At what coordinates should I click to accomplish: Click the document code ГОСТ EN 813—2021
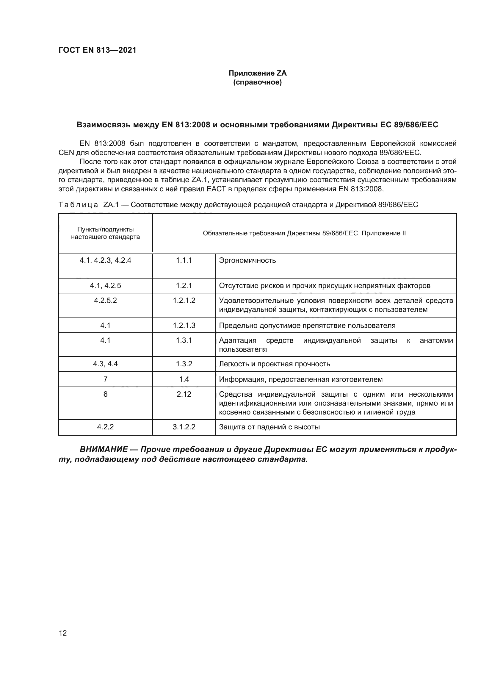(x=97, y=50)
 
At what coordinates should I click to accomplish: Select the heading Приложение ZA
(x=257, y=73)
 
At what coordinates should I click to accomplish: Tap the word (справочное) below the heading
(x=257, y=82)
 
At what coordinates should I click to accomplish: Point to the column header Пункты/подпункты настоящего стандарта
(x=105, y=233)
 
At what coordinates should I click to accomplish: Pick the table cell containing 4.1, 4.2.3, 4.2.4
(x=105, y=260)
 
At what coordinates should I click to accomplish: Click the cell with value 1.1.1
(x=184, y=260)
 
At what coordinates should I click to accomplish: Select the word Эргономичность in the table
(x=247, y=260)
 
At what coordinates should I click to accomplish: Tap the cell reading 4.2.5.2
(x=105, y=301)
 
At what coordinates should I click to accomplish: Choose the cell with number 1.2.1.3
(x=184, y=326)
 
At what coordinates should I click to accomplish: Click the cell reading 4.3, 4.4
(x=105, y=364)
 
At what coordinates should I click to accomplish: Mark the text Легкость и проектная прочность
(x=274, y=364)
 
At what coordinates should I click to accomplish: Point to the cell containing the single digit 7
(x=105, y=379)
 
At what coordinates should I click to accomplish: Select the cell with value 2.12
(x=184, y=394)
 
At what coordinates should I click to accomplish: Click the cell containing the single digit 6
(x=105, y=394)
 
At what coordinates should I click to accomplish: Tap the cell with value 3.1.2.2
(x=184, y=427)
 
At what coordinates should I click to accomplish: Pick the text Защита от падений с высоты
(x=269, y=427)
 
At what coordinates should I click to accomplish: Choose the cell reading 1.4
(x=184, y=379)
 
